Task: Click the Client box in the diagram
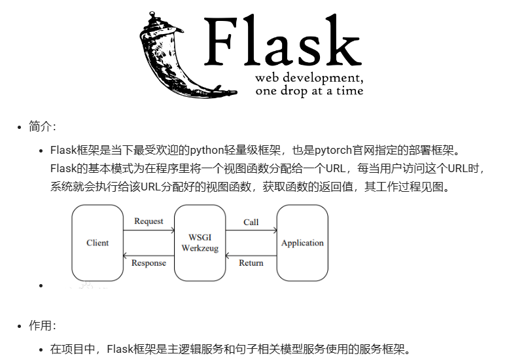pyautogui.click(x=97, y=243)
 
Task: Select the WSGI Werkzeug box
pyautogui.click(x=200, y=243)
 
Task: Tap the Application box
pyautogui.click(x=302, y=243)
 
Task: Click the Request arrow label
pyautogui.click(x=149, y=221)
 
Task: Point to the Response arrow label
pyautogui.click(x=149, y=263)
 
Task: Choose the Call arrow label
pyautogui.click(x=251, y=222)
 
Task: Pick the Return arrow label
pyautogui.click(x=251, y=263)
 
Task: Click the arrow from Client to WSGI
pyautogui.click(x=149, y=230)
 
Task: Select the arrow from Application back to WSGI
pyautogui.click(x=251, y=255)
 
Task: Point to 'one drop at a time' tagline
pyautogui.click(x=309, y=91)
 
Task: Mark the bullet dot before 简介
pyautogui.click(x=20, y=127)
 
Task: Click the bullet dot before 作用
pyautogui.click(x=20, y=326)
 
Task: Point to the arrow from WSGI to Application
pyautogui.click(x=251, y=230)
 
